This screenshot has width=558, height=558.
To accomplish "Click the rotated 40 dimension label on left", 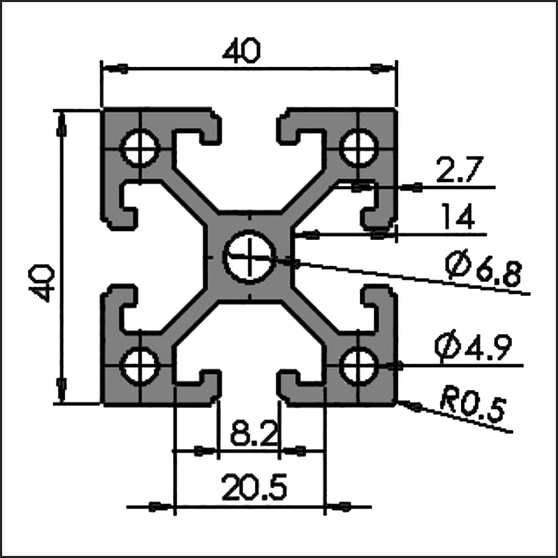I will point(43,282).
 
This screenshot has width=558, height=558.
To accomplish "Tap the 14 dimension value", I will point(458,218).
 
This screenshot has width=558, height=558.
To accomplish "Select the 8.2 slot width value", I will point(248,437).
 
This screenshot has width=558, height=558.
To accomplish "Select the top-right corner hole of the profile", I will point(359,146).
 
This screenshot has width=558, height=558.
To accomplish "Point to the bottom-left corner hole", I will point(142,364).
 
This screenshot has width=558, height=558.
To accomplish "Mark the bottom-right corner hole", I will point(359,363).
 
